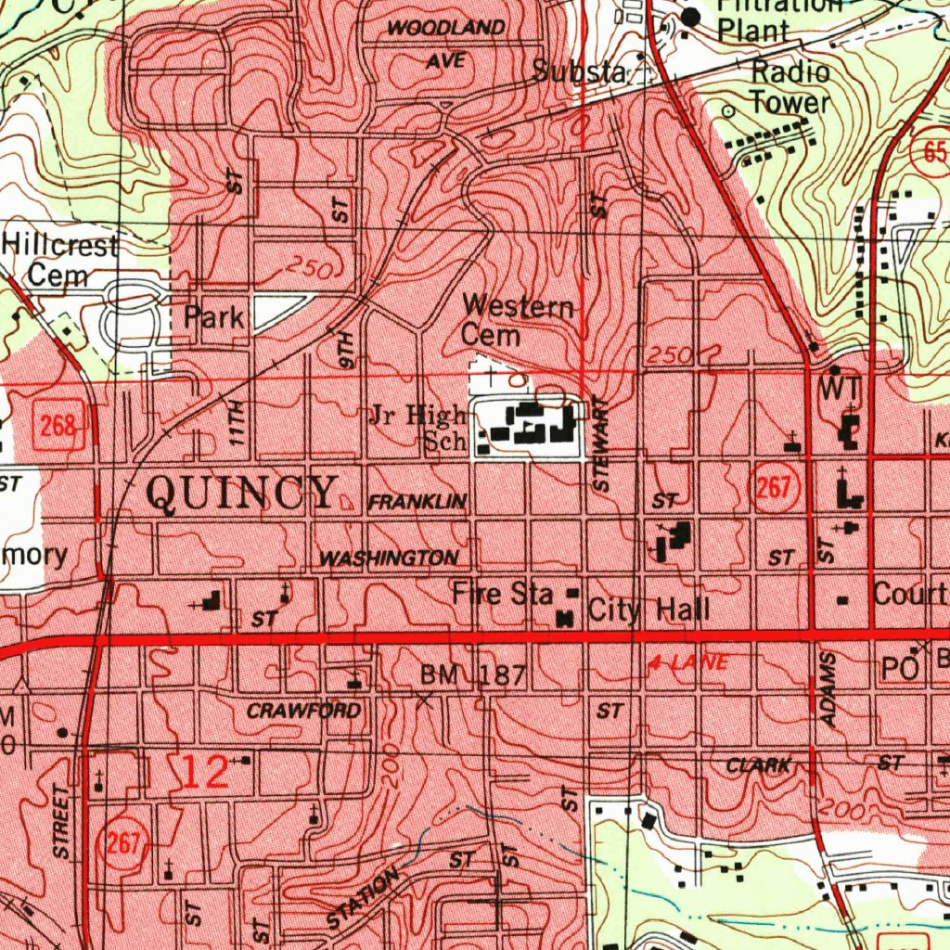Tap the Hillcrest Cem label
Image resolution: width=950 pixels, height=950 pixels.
(x=59, y=261)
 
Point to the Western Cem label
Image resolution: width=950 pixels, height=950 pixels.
(x=518, y=319)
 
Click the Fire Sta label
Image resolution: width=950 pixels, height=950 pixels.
(x=503, y=594)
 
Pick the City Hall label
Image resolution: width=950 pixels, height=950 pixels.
(x=649, y=610)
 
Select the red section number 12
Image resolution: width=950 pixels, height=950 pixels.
(x=205, y=773)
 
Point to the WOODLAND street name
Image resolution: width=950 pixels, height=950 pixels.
(x=446, y=29)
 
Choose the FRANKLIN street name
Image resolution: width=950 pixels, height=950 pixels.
(x=417, y=502)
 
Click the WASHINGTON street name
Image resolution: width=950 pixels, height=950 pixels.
(x=389, y=558)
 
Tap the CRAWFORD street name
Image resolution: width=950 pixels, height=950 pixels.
(x=303, y=712)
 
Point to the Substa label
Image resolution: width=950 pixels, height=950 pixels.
(x=579, y=72)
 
